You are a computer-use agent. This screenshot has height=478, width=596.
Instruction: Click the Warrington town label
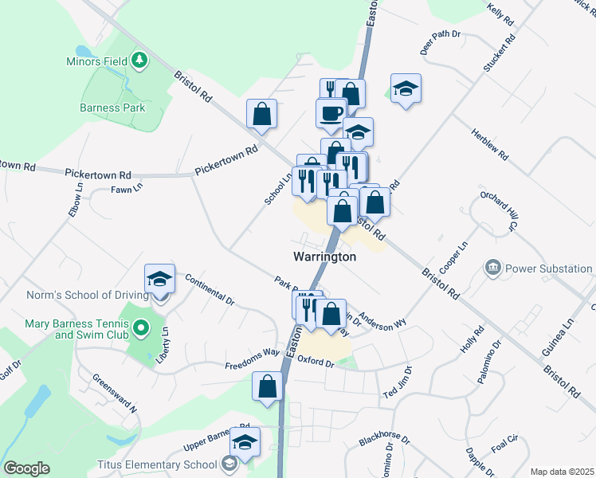tap(324, 257)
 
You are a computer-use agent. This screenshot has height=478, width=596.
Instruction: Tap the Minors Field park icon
tap(140, 61)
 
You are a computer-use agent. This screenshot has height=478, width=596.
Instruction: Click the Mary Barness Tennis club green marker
tap(141, 327)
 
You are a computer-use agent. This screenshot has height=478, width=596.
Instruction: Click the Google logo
tap(26, 468)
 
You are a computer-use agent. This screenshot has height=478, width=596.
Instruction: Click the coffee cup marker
tap(331, 114)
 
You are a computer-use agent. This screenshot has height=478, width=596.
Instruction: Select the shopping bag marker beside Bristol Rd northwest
tap(261, 115)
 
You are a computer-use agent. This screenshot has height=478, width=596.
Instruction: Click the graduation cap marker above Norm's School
tap(159, 280)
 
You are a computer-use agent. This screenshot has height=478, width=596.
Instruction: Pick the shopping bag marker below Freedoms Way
tap(268, 386)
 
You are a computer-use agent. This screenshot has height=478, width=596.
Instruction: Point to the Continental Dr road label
tap(209, 290)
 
